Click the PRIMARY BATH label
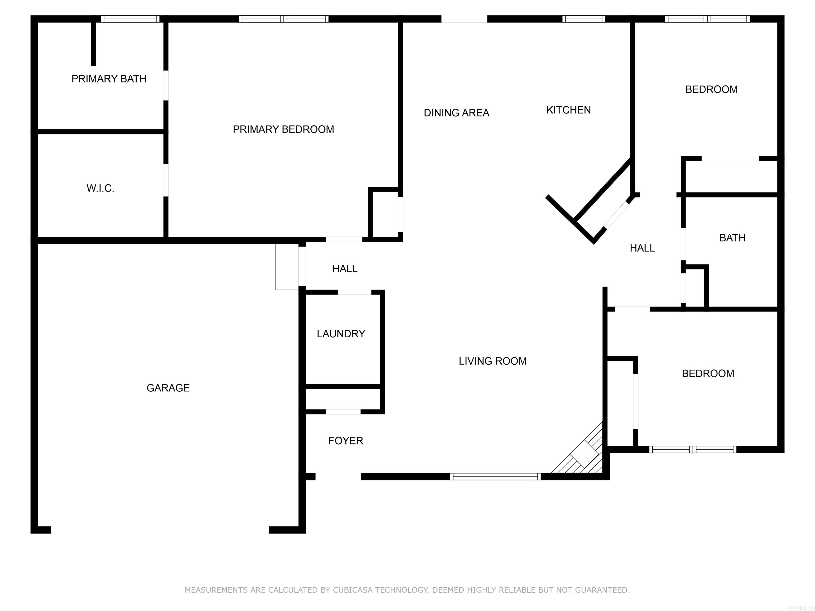[109, 79]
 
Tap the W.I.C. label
[100, 188]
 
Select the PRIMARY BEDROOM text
[283, 129]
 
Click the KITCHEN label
[568, 110]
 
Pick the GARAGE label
[168, 388]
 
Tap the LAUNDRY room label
[341, 334]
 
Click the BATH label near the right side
[732, 238]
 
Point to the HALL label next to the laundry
[345, 269]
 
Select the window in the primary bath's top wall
[130, 19]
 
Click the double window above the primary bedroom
[283, 19]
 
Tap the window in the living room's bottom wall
[495, 477]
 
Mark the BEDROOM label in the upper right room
[711, 89]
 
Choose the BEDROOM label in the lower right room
[708, 373]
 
